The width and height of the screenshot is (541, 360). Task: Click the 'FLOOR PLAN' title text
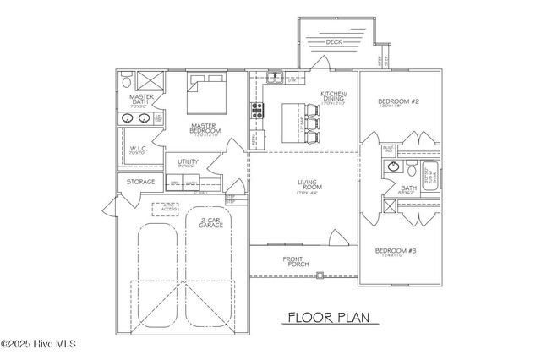(x=325, y=318)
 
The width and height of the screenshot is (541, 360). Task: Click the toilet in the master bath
(x=125, y=82)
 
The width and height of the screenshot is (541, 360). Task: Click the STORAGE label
(x=140, y=182)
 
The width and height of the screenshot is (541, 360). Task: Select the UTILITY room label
(x=189, y=162)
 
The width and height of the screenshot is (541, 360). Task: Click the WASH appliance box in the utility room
(x=192, y=183)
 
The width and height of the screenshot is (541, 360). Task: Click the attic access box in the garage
(x=167, y=208)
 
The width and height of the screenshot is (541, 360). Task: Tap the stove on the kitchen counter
(x=254, y=111)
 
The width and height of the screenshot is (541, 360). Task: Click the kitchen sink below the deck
(x=276, y=78)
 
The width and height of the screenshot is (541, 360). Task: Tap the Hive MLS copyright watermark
(x=39, y=345)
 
